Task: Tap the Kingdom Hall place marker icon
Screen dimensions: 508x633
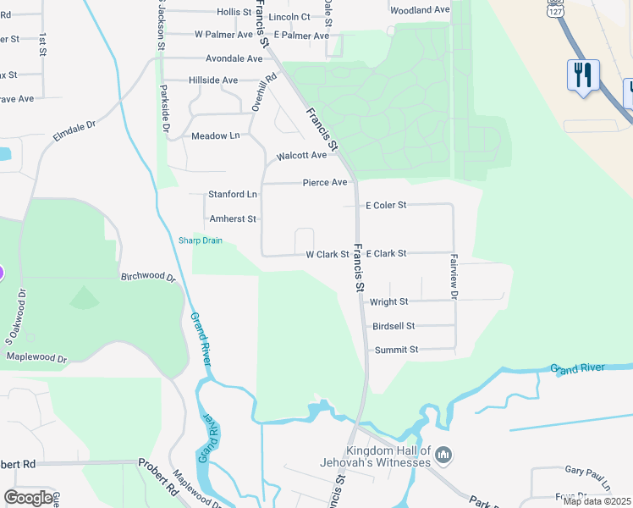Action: [443, 458]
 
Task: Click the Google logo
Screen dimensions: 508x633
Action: [29, 498]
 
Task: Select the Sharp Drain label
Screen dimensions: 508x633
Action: [201, 240]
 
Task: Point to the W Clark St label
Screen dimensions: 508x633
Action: [328, 254]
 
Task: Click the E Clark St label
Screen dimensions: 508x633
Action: [387, 253]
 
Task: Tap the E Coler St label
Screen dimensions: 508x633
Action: [386, 206]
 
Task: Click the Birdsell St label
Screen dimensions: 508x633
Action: [394, 326]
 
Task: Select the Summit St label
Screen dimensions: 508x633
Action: [396, 350]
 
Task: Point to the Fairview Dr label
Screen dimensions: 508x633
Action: [454, 276]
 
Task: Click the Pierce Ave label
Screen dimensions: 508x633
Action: [326, 183]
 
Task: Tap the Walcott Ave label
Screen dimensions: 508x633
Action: [301, 156]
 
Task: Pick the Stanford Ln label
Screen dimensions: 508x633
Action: [233, 195]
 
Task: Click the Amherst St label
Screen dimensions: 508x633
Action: [233, 219]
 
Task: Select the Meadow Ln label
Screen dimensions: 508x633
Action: [216, 136]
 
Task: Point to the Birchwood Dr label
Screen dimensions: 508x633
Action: [148, 277]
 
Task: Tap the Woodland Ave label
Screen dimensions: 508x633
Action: [420, 10]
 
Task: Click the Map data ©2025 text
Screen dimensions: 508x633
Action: [596, 501]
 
